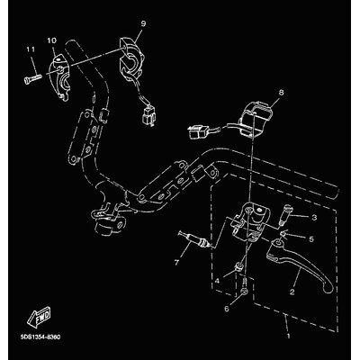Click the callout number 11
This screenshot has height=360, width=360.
click(x=31, y=49)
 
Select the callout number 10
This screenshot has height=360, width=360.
click(x=51, y=40)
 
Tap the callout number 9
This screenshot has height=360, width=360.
click(x=143, y=23)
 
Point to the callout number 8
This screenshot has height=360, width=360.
click(x=281, y=93)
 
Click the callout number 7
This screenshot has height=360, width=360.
click(x=176, y=263)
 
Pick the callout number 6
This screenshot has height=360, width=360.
click(x=227, y=308)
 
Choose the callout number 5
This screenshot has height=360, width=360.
click(x=311, y=239)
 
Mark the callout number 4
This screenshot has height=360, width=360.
click(x=217, y=281)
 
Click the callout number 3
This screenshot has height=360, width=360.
click(x=314, y=218)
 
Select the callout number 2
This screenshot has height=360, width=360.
click(x=292, y=292)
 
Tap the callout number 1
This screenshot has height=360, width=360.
click(x=289, y=337)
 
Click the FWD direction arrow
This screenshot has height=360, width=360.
click(x=40, y=317)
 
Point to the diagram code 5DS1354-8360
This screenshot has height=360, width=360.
click(x=40, y=337)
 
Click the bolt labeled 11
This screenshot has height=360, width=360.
click(x=31, y=78)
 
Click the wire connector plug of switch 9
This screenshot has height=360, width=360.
click(x=148, y=116)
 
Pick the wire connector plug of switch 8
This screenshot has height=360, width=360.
click(x=197, y=131)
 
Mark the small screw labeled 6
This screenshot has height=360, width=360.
click(x=245, y=286)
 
